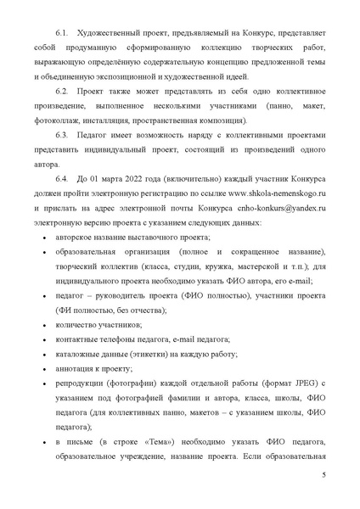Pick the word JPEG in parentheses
[297, 385]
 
